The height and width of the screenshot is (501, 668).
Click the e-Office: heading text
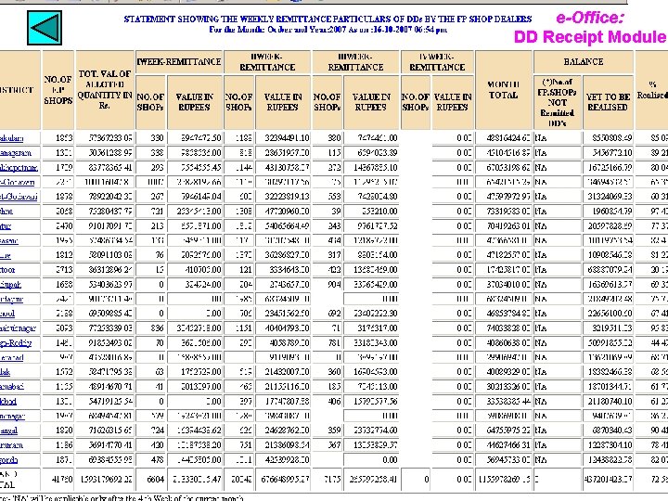click(590, 17)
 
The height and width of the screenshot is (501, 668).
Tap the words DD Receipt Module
click(590, 37)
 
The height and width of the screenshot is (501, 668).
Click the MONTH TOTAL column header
click(503, 89)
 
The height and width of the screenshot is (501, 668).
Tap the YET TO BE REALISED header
click(608, 102)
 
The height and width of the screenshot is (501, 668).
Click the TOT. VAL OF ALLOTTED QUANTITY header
click(104, 89)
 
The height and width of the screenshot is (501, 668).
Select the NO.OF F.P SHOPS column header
click(58, 89)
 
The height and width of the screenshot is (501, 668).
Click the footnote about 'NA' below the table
click(130, 497)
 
